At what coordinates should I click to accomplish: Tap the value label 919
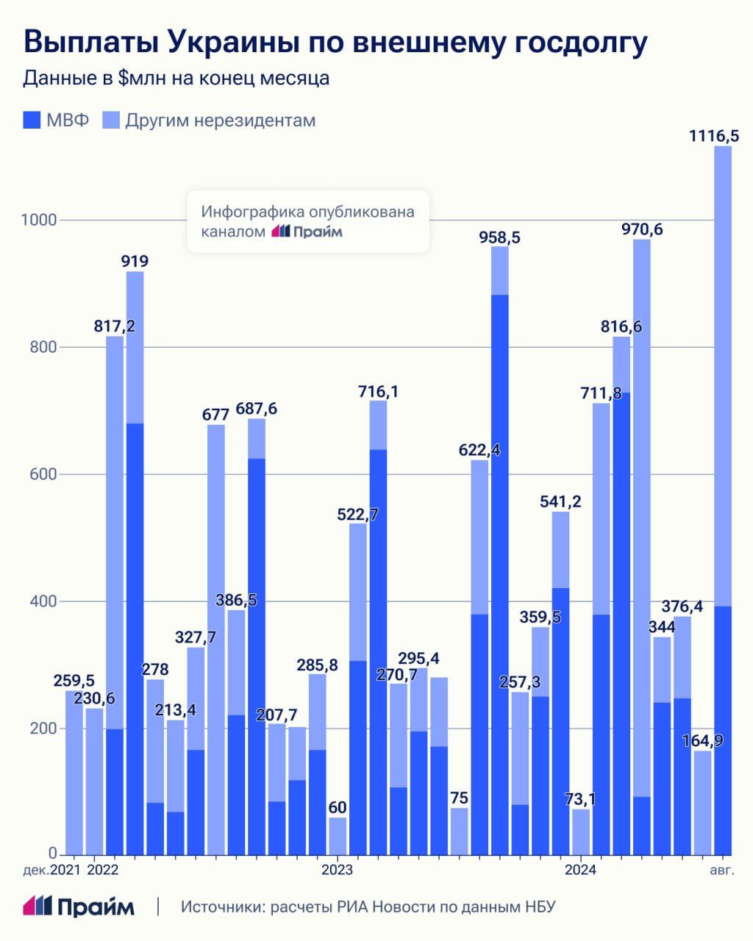pyautogui.click(x=135, y=261)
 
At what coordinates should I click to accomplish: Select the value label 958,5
pyautogui.click(x=500, y=237)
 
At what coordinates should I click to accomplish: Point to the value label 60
pyautogui.click(x=338, y=807)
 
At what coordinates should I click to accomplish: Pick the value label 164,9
pyautogui.click(x=703, y=740)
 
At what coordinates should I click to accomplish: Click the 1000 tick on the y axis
pyautogui.click(x=38, y=220)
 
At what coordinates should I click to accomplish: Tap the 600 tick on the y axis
pyautogui.click(x=40, y=474)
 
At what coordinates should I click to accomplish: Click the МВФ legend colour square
pyautogui.click(x=32, y=120)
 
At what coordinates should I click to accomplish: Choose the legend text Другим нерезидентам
pyautogui.click(x=219, y=120)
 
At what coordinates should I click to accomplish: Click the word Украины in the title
pyautogui.click(x=219, y=42)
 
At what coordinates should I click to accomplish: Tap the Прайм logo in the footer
pyautogui.click(x=79, y=906)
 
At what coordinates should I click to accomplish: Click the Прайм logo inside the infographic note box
pyautogui.click(x=307, y=232)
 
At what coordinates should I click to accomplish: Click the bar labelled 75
pyautogui.click(x=460, y=831)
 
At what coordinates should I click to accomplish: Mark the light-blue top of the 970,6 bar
pyautogui.click(x=642, y=515)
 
